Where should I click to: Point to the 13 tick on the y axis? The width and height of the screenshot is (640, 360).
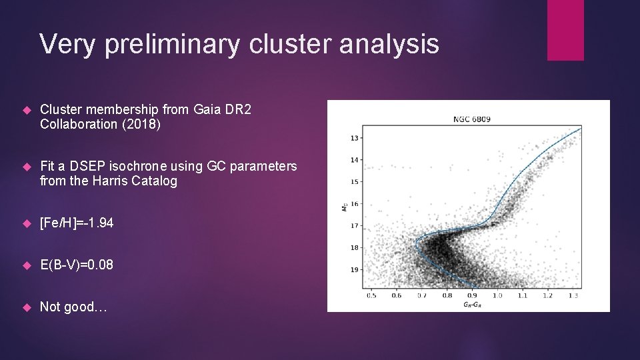click(355, 138)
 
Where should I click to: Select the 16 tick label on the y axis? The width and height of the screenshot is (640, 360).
click(355, 204)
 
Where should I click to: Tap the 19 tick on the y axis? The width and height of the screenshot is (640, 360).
click(355, 270)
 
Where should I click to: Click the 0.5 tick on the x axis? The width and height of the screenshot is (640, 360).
click(371, 295)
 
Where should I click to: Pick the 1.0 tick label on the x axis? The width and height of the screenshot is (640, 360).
click(497, 295)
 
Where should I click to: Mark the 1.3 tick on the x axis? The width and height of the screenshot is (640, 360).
click(573, 295)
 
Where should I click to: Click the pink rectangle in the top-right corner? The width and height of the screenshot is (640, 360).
click(565, 30)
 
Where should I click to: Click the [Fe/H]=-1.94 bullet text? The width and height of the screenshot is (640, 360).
click(77, 223)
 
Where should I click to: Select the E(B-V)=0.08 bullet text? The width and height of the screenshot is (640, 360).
click(77, 265)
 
